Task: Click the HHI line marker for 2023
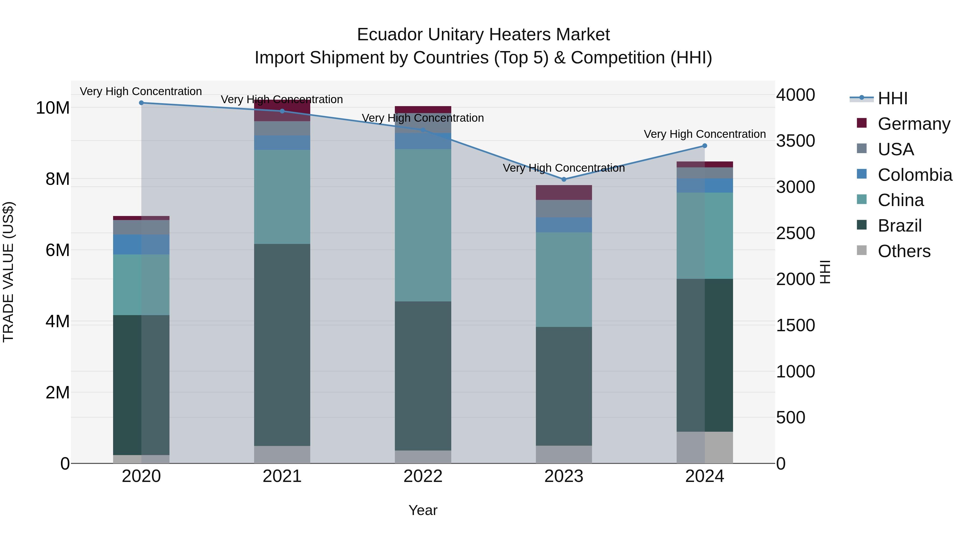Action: (x=564, y=179)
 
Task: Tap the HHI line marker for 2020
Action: (x=142, y=103)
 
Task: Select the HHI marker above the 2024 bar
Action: (x=705, y=146)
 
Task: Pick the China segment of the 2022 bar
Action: (x=423, y=225)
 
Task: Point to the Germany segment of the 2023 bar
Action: (x=564, y=193)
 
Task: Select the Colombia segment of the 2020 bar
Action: (x=142, y=244)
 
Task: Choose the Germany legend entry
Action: (x=914, y=124)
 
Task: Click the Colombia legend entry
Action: (x=914, y=175)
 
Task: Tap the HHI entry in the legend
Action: (x=892, y=98)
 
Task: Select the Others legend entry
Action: (x=904, y=251)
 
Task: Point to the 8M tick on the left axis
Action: (x=57, y=179)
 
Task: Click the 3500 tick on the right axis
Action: (x=795, y=141)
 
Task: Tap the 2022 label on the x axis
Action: (x=423, y=476)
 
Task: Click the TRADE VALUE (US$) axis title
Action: (x=9, y=272)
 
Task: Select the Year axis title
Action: (x=423, y=510)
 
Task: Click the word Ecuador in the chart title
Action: (x=389, y=35)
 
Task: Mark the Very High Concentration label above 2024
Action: (x=705, y=134)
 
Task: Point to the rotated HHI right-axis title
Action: (x=825, y=272)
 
